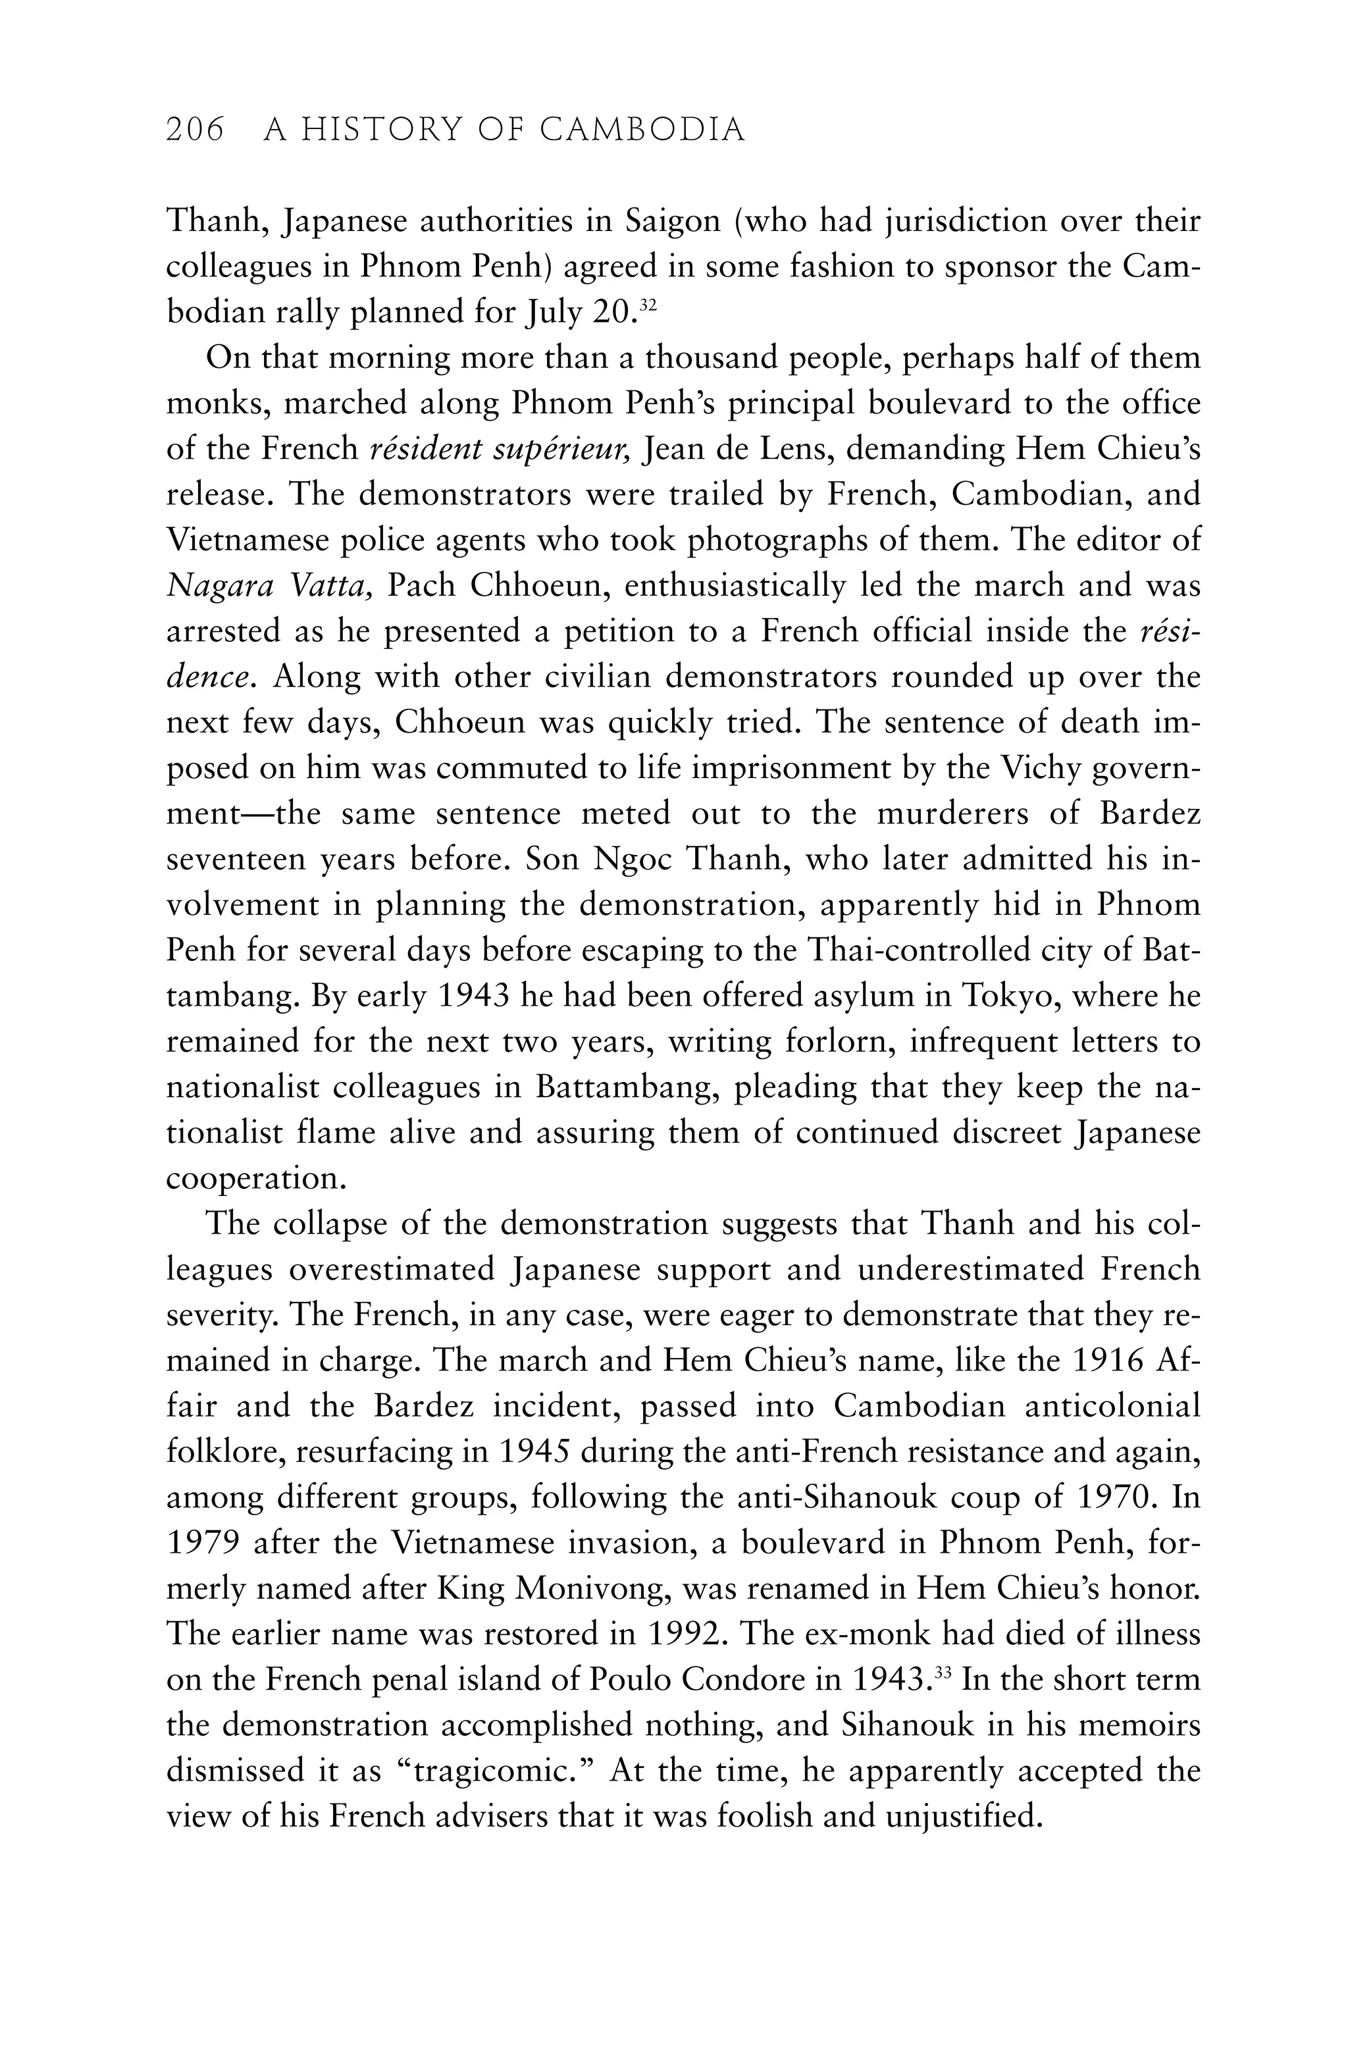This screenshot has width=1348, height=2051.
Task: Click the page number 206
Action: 195,130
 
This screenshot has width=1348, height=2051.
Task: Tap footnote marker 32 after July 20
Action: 649,306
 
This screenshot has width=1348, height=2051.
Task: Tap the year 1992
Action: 685,1634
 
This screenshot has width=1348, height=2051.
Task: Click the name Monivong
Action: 592,1588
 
